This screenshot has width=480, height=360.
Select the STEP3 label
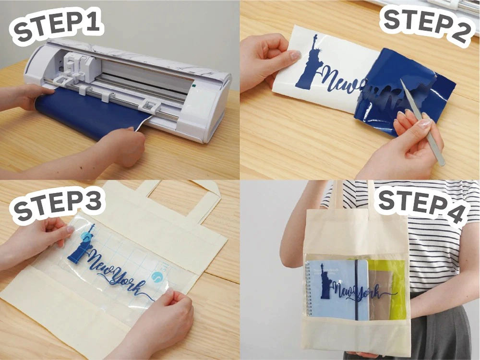point(58,202)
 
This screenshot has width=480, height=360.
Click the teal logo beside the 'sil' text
point(157,277)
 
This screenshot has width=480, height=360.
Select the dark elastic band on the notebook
point(356,288)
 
